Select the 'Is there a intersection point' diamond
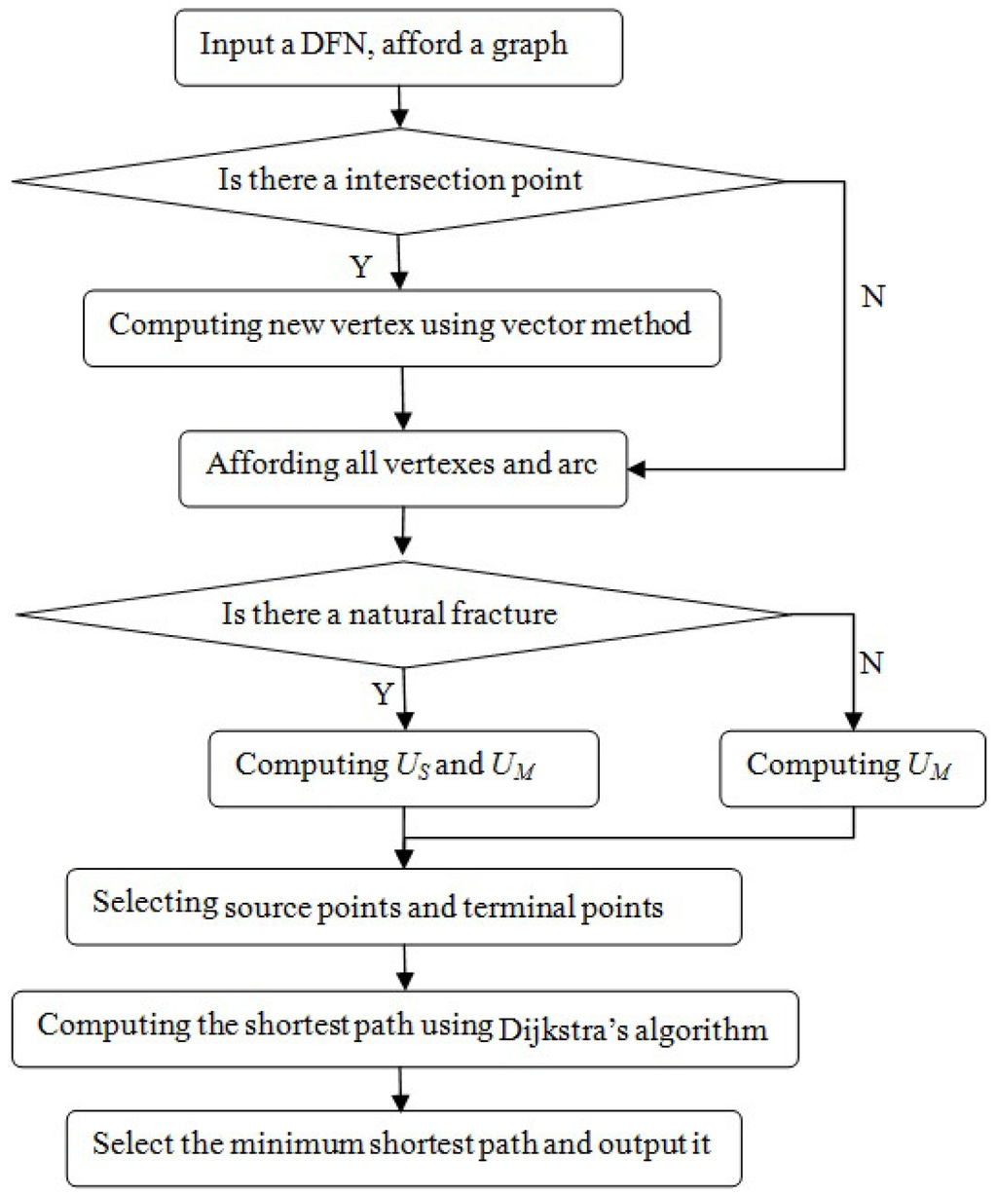tap(401, 180)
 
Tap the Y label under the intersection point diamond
tap(360, 268)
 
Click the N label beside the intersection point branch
tap(873, 297)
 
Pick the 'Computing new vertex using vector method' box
tap(401, 325)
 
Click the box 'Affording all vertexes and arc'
tap(401, 465)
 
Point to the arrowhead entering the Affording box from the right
tap(639, 470)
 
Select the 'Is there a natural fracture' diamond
tap(401, 614)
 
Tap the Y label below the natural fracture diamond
tap(383, 694)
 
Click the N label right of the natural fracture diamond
tap(871, 663)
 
